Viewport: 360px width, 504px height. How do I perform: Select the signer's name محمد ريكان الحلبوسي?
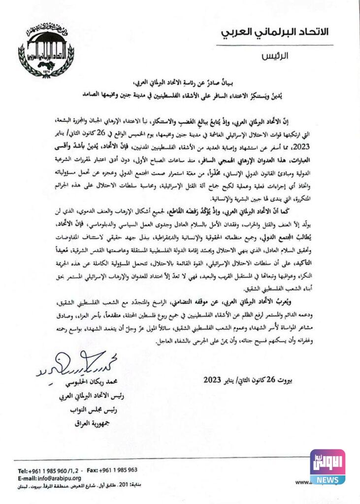(92, 382)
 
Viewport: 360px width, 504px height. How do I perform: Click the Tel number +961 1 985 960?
(51, 470)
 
